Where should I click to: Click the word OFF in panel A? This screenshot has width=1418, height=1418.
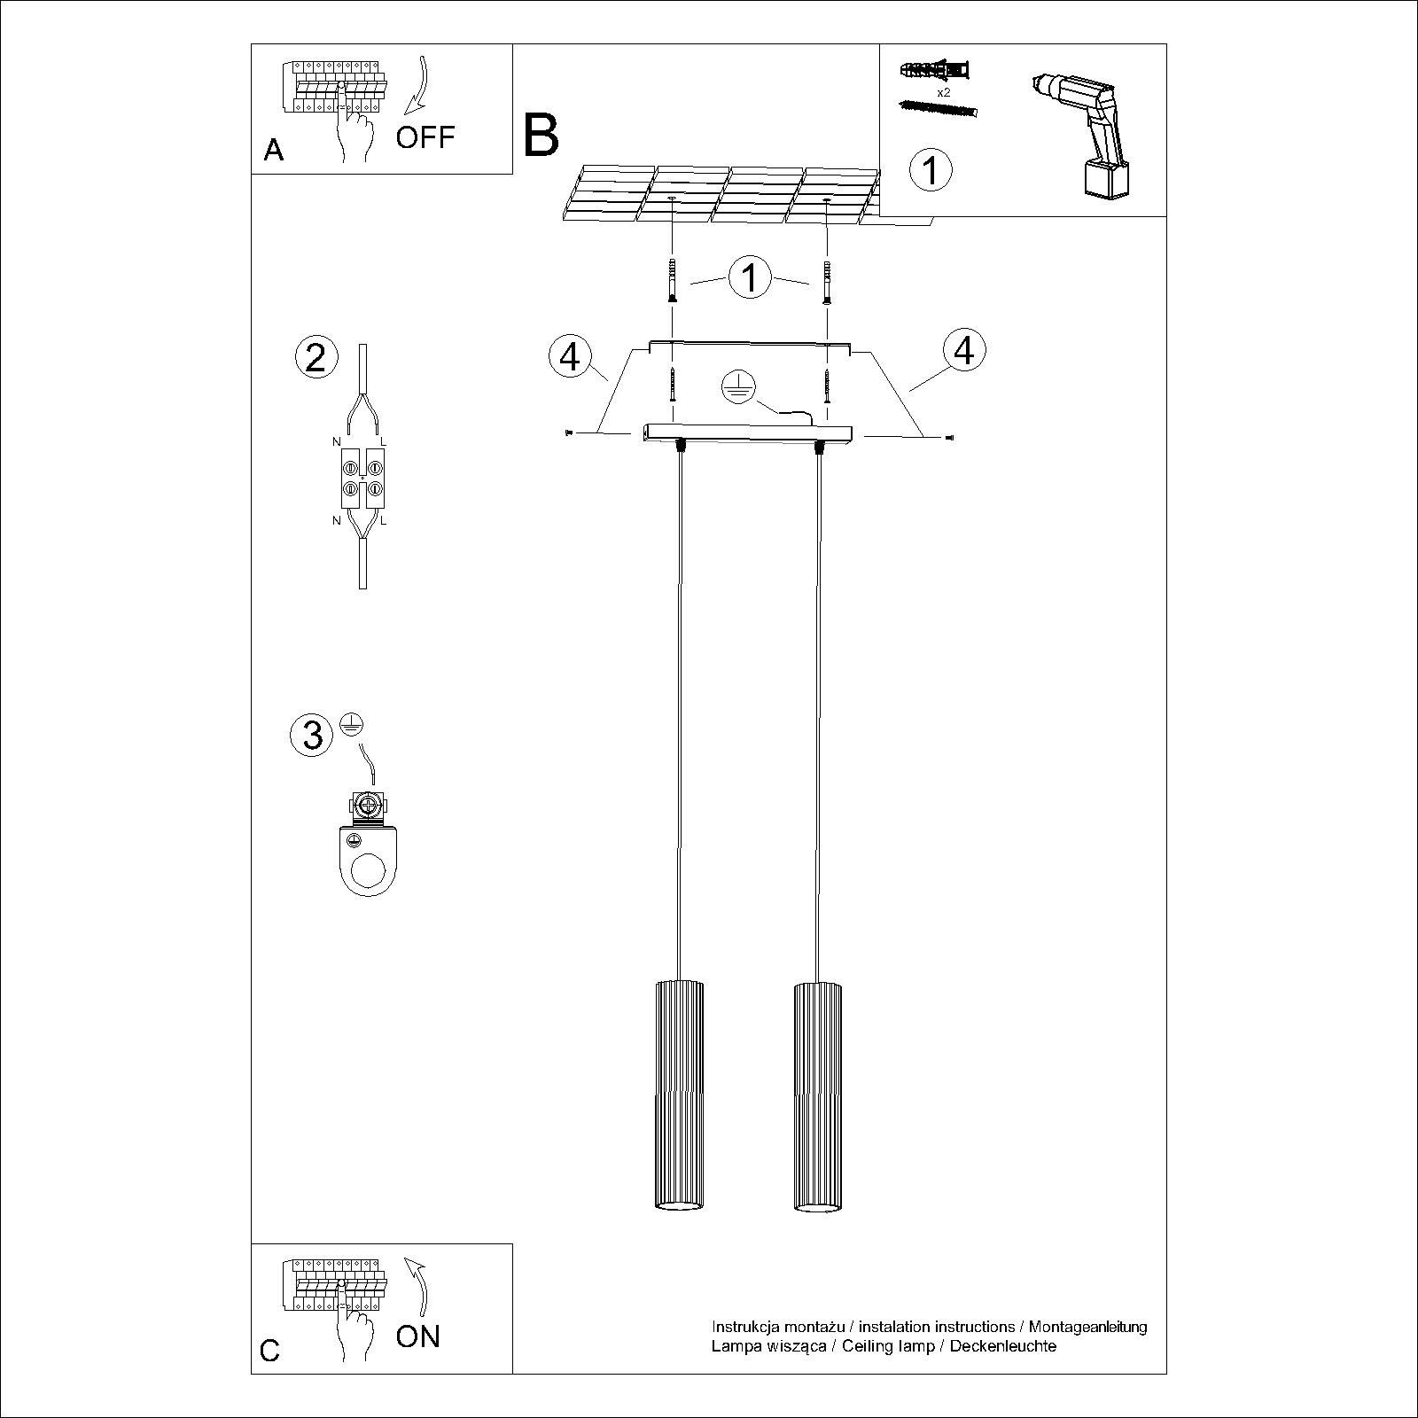tap(425, 137)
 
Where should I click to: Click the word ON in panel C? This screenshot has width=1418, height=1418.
tap(417, 1336)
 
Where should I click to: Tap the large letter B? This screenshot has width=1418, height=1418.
tap(541, 135)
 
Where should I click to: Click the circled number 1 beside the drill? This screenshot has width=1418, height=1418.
tap(931, 168)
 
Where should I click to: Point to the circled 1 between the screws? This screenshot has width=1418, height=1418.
tap(750, 277)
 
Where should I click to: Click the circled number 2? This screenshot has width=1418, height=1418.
tap(316, 357)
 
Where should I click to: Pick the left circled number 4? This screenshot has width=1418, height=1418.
tap(570, 356)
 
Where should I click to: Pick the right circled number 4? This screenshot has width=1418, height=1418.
tap(964, 350)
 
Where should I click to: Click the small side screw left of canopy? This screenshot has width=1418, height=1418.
tap(567, 432)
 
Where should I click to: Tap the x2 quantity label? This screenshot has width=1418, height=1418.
tap(943, 91)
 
